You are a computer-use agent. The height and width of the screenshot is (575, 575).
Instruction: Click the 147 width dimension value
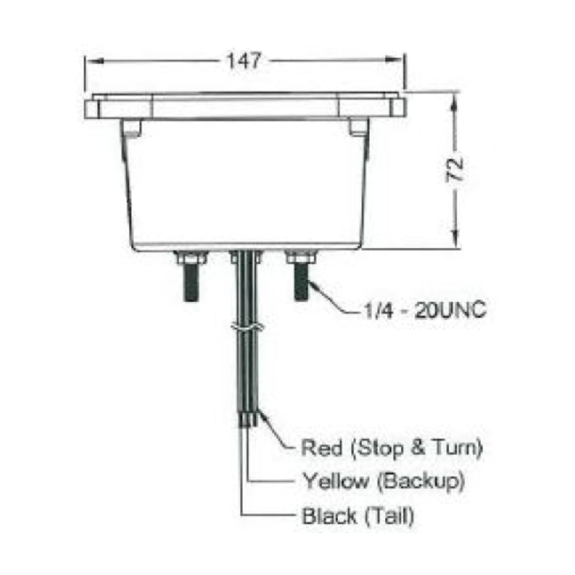244,61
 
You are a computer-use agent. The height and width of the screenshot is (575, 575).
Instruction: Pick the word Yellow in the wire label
335,481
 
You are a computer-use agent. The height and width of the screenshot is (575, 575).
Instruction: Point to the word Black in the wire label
329,516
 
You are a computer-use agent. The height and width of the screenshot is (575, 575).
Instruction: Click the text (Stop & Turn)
416,448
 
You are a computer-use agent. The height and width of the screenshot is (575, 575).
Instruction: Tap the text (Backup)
421,481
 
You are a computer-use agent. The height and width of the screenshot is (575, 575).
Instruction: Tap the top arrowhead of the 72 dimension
455,100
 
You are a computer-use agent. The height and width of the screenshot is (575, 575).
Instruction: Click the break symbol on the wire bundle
246,328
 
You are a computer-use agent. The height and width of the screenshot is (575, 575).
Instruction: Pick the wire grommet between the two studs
246,257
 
